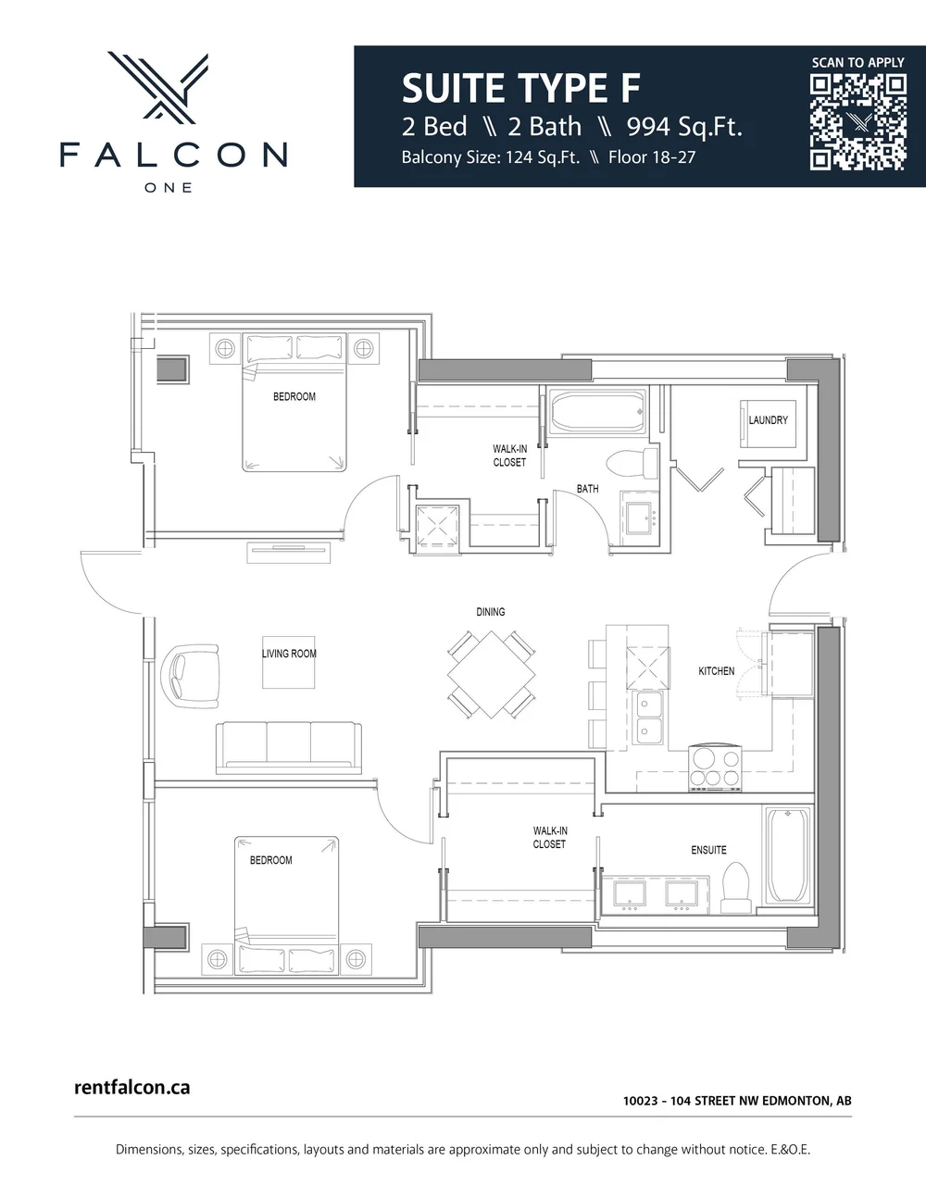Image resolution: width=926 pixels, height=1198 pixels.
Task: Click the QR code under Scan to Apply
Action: point(857,122)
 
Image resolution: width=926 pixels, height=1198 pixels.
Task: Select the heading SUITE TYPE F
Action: point(520,89)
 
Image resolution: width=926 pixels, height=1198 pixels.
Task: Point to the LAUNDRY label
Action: point(768,420)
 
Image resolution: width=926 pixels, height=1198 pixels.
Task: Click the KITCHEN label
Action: point(716,671)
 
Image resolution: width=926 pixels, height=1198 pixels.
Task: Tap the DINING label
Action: point(490,612)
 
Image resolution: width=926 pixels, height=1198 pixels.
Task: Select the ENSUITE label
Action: point(708,850)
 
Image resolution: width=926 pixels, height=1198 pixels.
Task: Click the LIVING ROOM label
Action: point(289,654)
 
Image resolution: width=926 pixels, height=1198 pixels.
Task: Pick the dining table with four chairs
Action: point(490,674)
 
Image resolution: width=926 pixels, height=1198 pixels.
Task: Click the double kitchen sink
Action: point(649,718)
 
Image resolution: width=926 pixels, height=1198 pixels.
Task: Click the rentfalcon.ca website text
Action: point(131,1087)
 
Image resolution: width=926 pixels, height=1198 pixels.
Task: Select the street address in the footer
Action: point(737,1101)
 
